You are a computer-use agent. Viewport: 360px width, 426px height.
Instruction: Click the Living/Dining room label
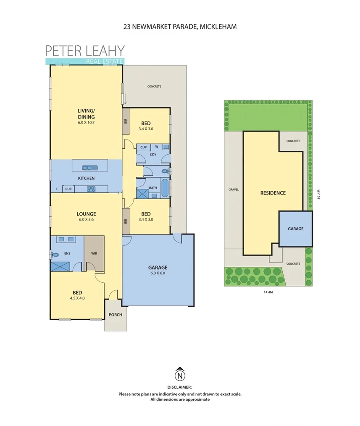(86, 113)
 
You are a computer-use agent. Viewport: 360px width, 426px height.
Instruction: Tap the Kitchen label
(86, 178)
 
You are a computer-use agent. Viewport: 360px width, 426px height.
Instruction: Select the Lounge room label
(86, 213)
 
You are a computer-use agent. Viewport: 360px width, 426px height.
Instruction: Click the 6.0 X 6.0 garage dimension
(158, 273)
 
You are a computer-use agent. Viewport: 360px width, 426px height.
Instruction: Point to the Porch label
(115, 314)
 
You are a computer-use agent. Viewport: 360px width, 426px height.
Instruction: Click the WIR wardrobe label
(94, 253)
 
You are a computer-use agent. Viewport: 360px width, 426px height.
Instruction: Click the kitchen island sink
(89, 168)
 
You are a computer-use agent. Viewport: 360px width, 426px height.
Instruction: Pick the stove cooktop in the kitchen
(91, 189)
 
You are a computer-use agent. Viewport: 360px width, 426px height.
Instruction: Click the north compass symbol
(180, 374)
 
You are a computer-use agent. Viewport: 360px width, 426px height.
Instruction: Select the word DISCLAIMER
(180, 387)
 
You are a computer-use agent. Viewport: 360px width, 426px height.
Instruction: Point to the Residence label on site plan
(273, 193)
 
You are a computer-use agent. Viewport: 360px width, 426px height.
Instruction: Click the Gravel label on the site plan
(234, 189)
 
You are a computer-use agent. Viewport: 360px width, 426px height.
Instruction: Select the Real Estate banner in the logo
(104, 61)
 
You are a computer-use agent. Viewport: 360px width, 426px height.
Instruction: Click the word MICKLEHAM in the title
(218, 26)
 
